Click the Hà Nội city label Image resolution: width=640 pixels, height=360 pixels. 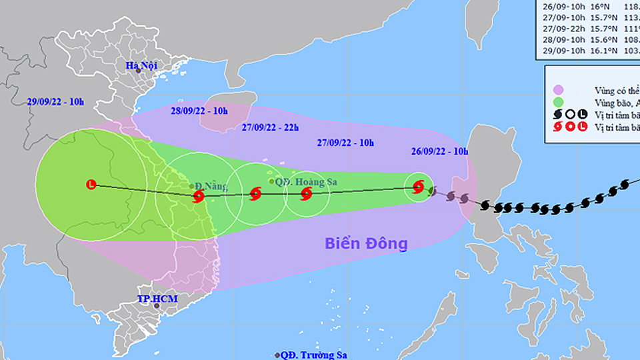click(143, 65)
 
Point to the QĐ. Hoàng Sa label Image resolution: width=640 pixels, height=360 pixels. click(300, 181)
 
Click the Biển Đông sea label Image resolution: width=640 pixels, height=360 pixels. click(366, 243)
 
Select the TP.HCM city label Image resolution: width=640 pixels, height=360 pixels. click(157, 299)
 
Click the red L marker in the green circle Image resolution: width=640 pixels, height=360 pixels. click(91, 184)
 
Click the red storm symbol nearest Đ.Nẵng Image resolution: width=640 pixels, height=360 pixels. click(198, 196)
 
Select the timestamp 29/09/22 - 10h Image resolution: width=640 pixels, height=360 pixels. click(56, 101)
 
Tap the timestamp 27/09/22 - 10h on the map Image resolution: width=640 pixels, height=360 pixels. click(346, 142)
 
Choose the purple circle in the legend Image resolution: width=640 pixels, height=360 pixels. click(559, 89)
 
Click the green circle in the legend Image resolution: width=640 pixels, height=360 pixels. click(559, 102)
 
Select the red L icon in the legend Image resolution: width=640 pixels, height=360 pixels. click(582, 127)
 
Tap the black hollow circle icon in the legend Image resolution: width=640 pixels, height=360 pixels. click(570, 115)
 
